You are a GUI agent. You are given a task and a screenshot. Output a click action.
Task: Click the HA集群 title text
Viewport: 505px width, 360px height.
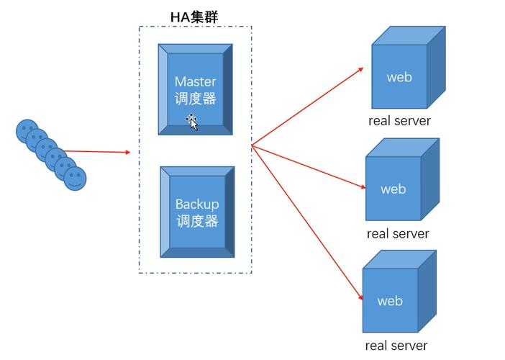(x=194, y=15)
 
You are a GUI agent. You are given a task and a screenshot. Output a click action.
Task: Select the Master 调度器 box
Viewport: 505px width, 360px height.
(x=196, y=89)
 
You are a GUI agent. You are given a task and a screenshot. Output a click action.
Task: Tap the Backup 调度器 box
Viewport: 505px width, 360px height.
(x=197, y=212)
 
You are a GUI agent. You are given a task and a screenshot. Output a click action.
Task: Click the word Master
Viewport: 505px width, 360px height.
(x=195, y=81)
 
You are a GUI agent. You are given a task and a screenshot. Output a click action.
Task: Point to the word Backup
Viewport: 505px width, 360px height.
(x=197, y=204)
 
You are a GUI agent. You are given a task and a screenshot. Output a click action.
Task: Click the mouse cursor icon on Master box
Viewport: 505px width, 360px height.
(x=193, y=122)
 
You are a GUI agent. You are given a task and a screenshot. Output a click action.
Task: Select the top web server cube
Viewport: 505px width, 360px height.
(x=407, y=68)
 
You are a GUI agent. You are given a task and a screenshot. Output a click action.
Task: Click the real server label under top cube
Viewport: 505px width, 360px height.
(x=399, y=121)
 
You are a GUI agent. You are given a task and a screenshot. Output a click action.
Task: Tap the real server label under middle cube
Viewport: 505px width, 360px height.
(x=397, y=234)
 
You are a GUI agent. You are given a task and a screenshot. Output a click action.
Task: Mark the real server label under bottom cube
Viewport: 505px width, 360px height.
(x=396, y=346)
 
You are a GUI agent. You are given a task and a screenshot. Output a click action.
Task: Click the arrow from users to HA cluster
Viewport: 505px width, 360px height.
(x=97, y=152)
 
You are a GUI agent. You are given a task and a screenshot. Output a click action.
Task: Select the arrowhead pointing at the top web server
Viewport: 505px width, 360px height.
(x=361, y=69)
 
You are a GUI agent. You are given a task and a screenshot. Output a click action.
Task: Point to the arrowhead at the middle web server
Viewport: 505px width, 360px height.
(x=364, y=188)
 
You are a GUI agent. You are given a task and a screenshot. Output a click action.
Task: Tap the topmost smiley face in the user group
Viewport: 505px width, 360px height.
(x=27, y=130)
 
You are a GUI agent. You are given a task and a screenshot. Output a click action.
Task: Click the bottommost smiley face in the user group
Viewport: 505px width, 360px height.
(x=75, y=178)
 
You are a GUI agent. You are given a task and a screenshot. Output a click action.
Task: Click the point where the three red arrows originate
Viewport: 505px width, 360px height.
(x=252, y=146)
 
